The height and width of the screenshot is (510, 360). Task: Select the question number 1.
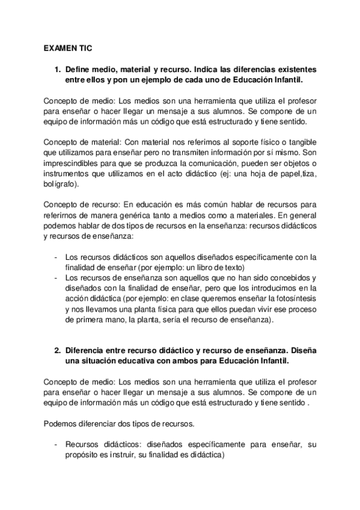click(x=57, y=70)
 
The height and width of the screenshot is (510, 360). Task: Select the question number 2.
click(x=57, y=349)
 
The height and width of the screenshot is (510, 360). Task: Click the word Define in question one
click(x=78, y=70)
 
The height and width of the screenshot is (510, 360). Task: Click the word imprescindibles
click(x=70, y=162)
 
